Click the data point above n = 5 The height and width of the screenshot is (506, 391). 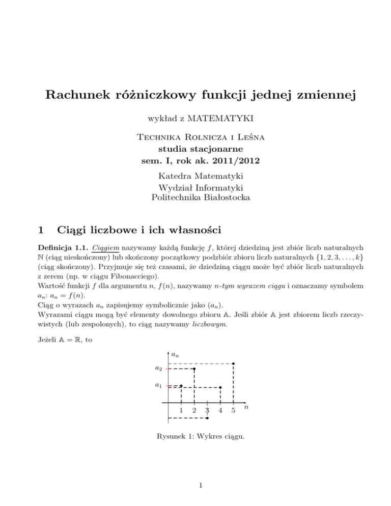click(233, 363)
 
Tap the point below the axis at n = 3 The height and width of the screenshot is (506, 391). click(207, 418)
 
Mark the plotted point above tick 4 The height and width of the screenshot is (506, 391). click(220, 387)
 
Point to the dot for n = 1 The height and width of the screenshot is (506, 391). click(181, 385)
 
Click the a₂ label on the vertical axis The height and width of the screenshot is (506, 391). click(159, 368)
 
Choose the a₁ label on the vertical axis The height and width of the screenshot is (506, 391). click(159, 386)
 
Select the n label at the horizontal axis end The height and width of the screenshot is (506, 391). click(246, 407)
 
